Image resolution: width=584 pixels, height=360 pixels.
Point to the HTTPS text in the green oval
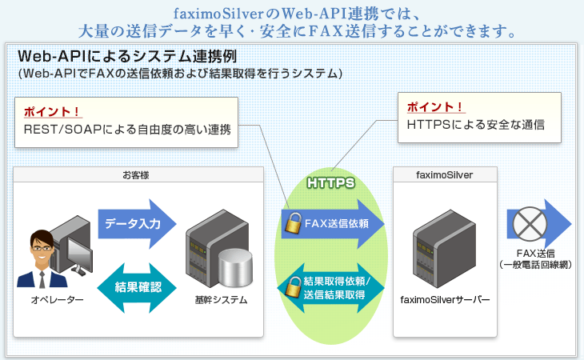(x=331, y=183)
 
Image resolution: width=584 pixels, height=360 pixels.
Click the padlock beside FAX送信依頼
(x=293, y=222)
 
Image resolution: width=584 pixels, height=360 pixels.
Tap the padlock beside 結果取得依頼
(x=292, y=286)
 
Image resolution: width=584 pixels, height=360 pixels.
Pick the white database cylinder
(x=234, y=269)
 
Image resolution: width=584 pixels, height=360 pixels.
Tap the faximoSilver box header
(x=444, y=173)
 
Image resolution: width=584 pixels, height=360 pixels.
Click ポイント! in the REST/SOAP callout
(x=53, y=110)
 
